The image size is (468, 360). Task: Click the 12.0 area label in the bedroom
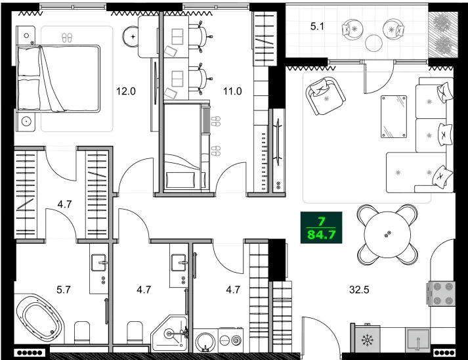(125, 91)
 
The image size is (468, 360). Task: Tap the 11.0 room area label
(233, 91)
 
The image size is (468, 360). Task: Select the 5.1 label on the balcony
(317, 27)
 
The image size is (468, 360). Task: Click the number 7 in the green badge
(320, 221)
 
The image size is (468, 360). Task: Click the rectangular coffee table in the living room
(394, 116)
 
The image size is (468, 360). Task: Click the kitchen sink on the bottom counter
(417, 339)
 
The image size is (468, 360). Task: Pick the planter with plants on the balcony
(440, 34)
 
